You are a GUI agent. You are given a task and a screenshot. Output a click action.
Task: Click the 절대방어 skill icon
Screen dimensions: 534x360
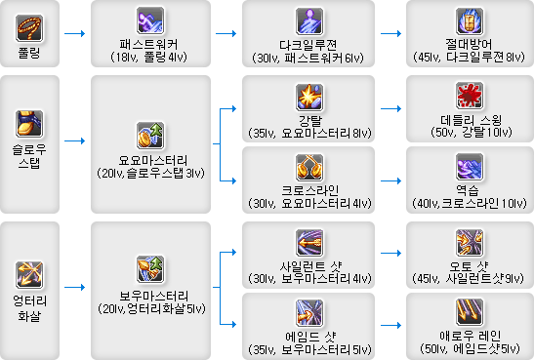pyautogui.click(x=464, y=20)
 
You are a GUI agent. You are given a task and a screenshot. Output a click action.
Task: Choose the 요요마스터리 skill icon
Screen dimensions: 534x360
pyautogui.click(x=148, y=137)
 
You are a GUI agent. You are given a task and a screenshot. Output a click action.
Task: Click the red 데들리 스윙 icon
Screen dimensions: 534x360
pyautogui.click(x=464, y=96)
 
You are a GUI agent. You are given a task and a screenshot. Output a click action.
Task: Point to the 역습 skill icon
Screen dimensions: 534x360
pyautogui.click(x=464, y=163)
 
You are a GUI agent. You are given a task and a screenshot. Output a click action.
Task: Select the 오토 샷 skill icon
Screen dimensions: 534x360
pyautogui.click(x=464, y=242)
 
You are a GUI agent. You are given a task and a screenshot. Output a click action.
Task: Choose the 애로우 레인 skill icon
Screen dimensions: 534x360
pyautogui.click(x=464, y=311)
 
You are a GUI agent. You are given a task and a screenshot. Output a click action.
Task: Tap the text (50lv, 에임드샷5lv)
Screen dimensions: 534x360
pyautogui.click(x=464, y=348)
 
